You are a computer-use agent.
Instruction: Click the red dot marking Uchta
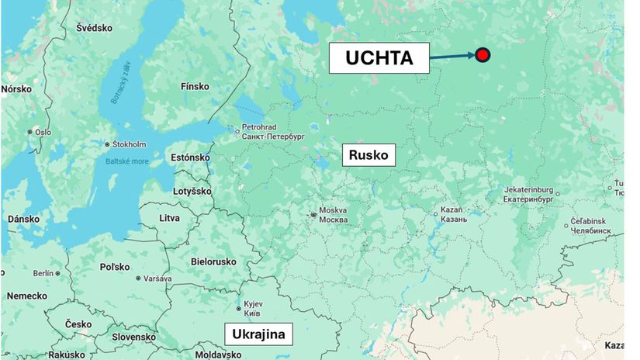click(483, 54)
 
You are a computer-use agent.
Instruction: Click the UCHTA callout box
click(379, 57)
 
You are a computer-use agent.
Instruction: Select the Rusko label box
click(369, 155)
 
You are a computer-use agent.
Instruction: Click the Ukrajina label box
click(258, 334)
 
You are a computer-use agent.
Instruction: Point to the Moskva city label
click(334, 215)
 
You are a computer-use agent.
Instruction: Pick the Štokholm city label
click(129, 144)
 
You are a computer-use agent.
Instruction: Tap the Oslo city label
click(42, 132)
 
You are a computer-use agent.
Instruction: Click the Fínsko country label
click(194, 87)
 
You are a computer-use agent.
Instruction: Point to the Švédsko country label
click(94, 28)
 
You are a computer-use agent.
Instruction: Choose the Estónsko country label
click(190, 157)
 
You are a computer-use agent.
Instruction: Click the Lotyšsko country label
click(191, 191)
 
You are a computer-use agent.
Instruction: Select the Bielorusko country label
click(213, 261)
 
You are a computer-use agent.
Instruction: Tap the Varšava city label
click(157, 278)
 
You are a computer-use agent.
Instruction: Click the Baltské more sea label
click(126, 161)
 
